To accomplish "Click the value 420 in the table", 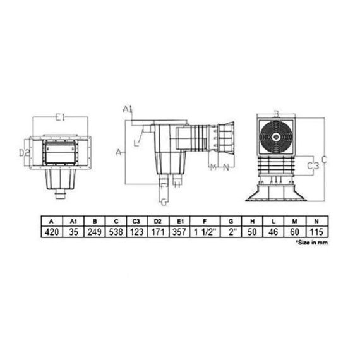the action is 52,232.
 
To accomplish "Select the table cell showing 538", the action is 116,232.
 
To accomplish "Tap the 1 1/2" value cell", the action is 205,232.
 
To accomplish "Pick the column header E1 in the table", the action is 180,221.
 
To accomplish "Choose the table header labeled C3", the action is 136,221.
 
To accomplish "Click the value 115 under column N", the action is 316,232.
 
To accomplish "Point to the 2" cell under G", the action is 231,232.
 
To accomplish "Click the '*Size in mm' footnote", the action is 311,243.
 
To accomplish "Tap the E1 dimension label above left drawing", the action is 61,117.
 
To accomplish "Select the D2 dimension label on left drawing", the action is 25,152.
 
